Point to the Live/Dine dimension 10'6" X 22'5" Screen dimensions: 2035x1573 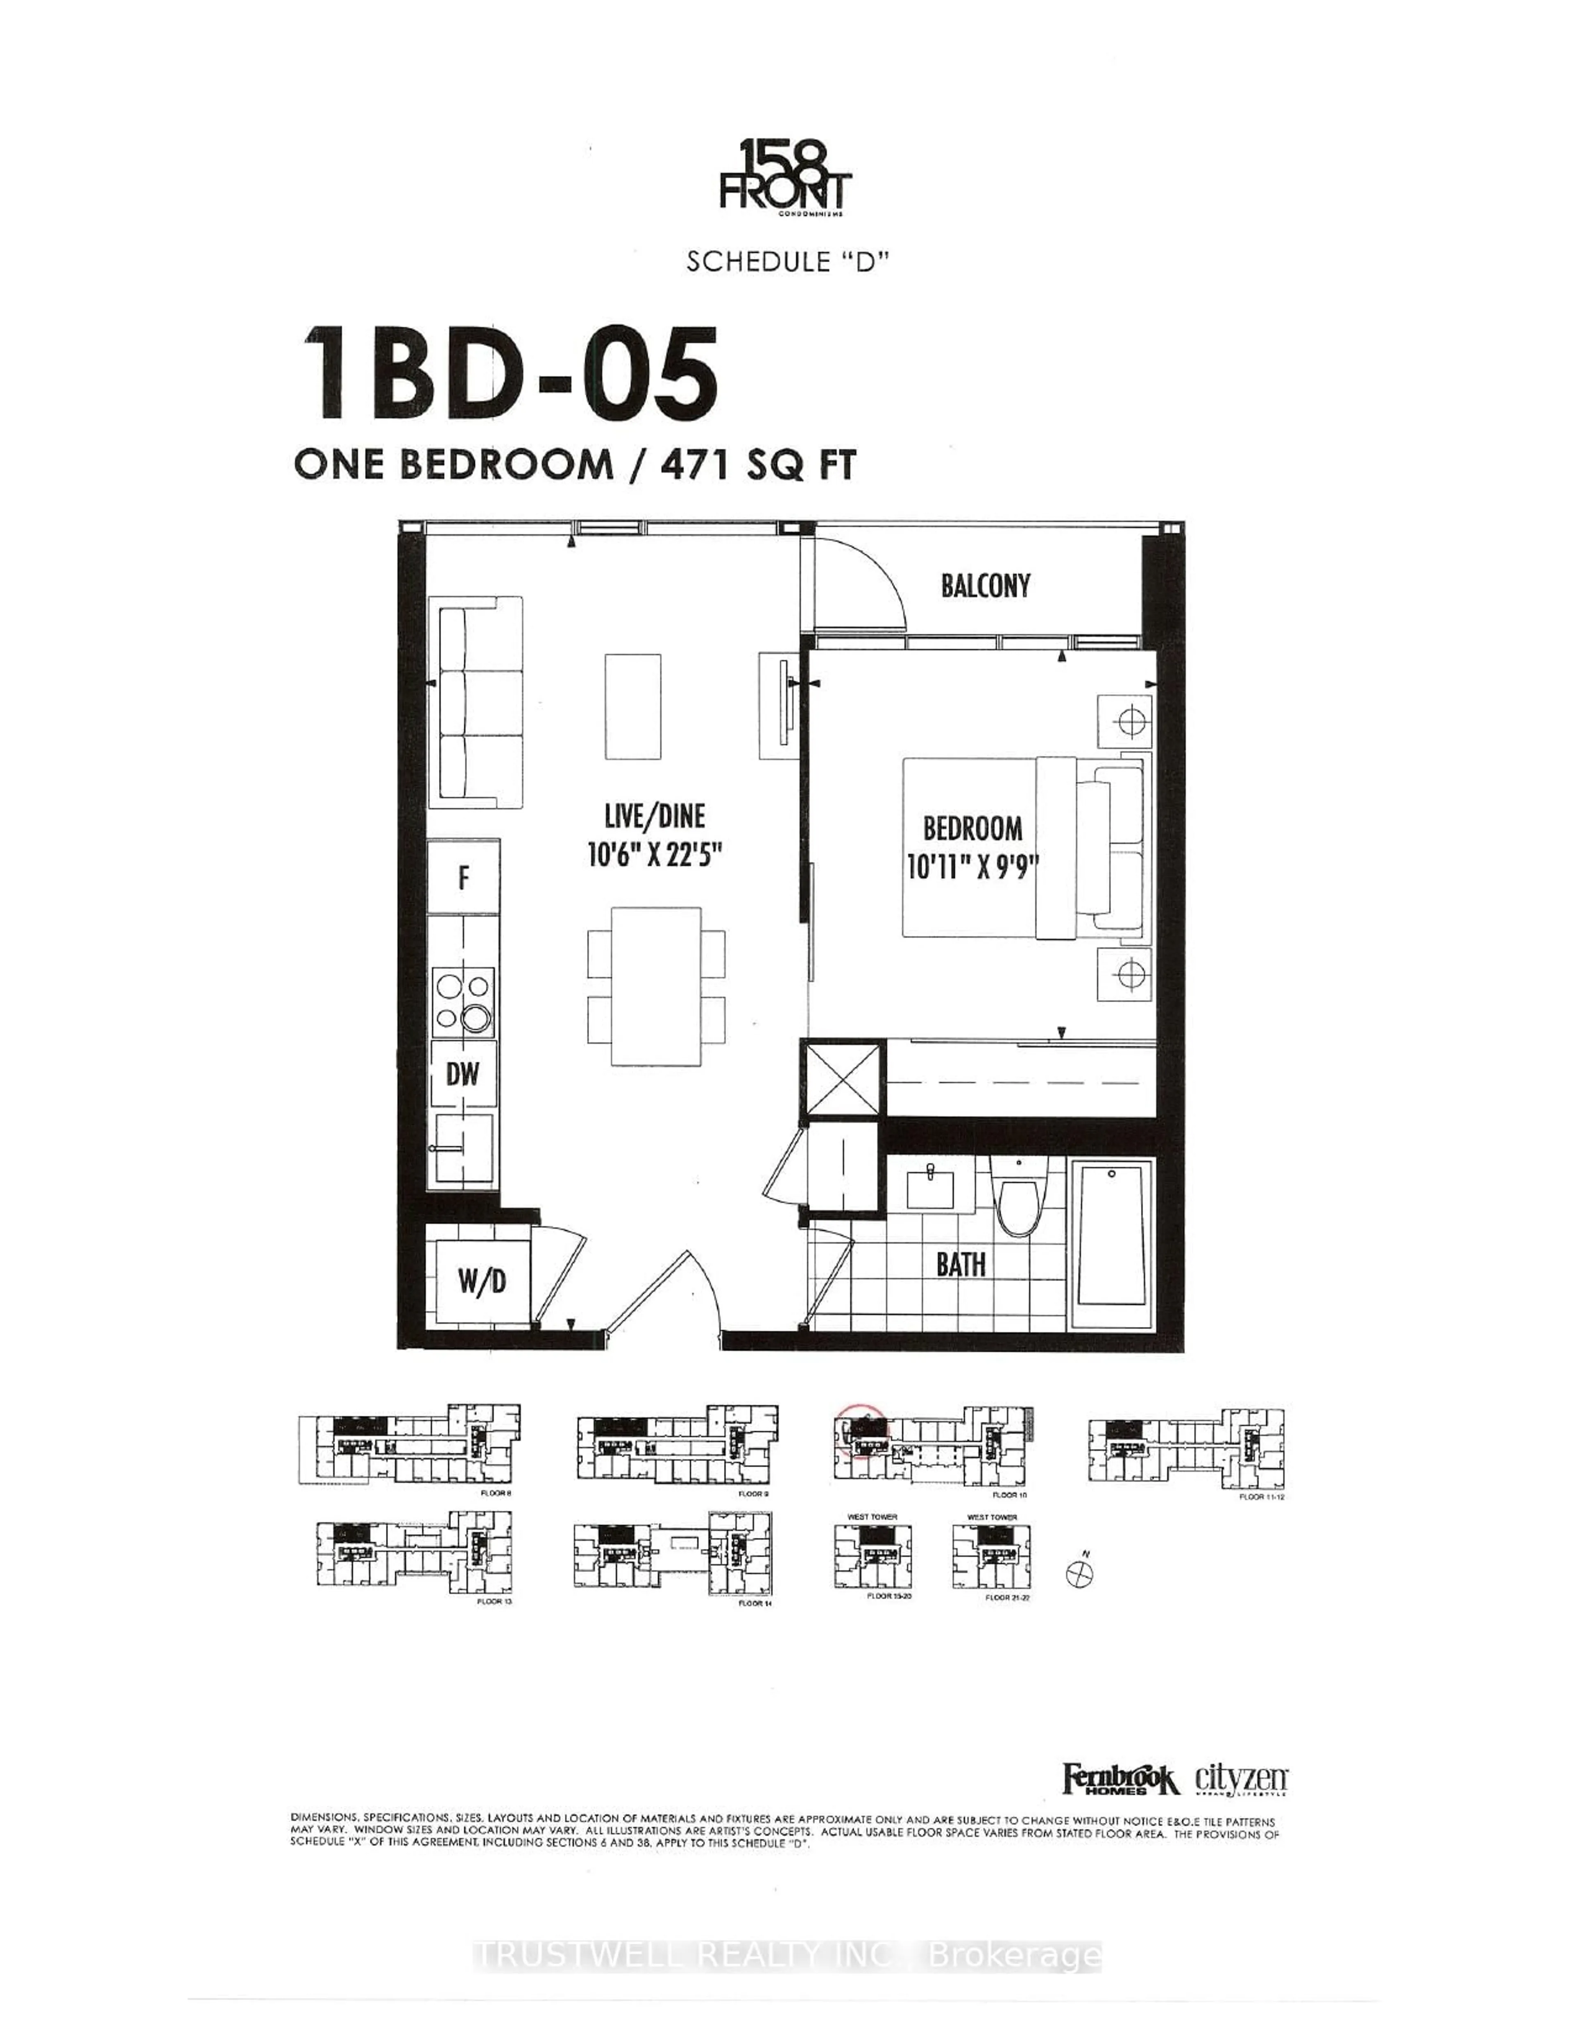[655, 854]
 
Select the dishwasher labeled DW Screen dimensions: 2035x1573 [462, 1074]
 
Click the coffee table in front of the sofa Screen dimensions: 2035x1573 [633, 706]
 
